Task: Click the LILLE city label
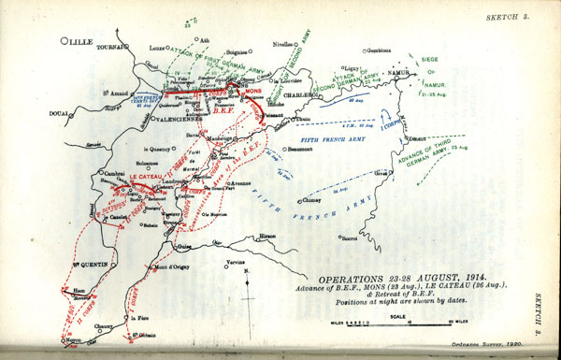point(83,42)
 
